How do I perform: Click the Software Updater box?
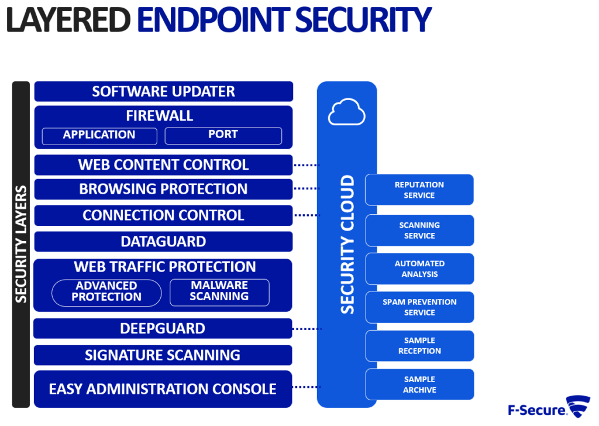pos(164,91)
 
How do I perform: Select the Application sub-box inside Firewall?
pos(99,136)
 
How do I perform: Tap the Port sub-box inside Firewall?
pos(223,136)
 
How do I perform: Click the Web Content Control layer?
pos(164,164)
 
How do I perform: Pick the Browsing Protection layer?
pos(164,189)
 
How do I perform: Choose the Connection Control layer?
pos(164,215)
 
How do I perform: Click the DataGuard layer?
pos(164,242)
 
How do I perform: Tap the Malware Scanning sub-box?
pos(219,293)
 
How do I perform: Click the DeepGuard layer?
pos(163,329)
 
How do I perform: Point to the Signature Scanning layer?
pos(163,355)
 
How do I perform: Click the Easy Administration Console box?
pos(163,389)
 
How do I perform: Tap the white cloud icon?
pos(346,112)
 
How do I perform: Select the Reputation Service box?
pos(419,190)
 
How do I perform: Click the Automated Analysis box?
pos(420,269)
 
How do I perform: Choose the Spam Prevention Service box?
pos(420,307)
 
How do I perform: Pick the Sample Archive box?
pos(420,384)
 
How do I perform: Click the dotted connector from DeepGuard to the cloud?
pos(307,329)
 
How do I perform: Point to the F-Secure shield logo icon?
pos(579,406)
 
